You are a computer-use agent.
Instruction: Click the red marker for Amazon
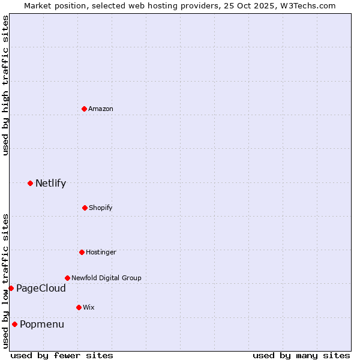84,109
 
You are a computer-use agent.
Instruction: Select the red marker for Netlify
30,183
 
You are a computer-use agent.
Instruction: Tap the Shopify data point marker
85,208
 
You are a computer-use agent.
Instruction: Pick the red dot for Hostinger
82,252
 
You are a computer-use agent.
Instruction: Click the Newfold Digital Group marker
67,278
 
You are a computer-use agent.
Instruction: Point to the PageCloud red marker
11,288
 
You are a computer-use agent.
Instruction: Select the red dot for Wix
79,307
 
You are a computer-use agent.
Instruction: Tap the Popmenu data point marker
14,324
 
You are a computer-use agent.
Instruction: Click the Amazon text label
101,109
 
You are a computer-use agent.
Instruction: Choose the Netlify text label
50,183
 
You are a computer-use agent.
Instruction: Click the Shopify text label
101,208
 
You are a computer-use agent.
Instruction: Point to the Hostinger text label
101,252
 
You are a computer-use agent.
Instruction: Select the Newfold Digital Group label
106,278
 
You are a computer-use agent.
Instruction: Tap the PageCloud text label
41,289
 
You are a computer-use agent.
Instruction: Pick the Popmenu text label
42,325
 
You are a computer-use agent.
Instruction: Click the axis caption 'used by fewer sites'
62,355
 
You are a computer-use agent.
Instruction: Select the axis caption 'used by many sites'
301,355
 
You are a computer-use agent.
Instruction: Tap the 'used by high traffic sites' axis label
5,86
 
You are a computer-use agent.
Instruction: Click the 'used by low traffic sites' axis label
5,280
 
